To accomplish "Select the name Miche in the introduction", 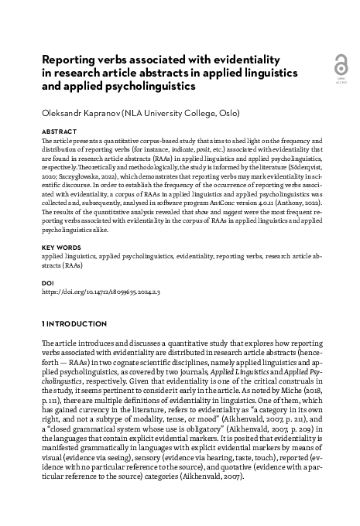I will pyautogui.click(x=310, y=380).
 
